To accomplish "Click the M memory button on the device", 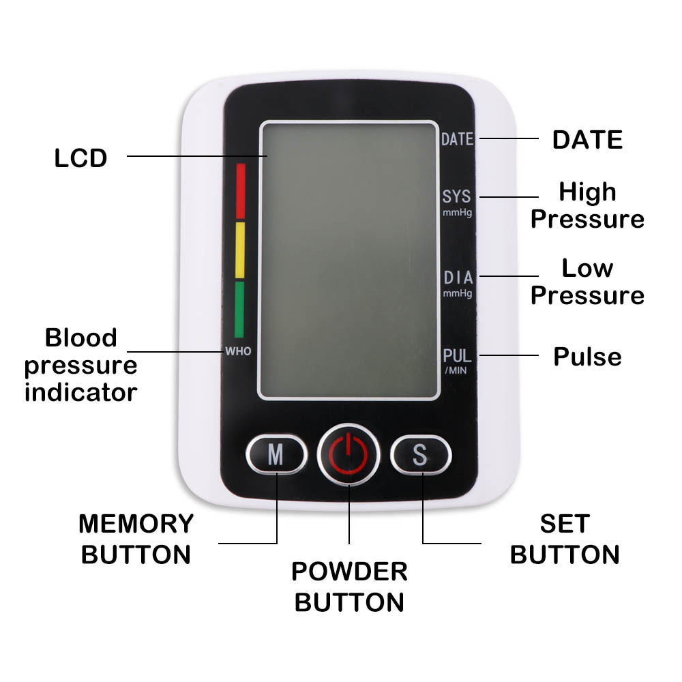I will coord(276,454).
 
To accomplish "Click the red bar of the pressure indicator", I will coord(240,190).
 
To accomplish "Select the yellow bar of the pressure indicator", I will coord(240,250).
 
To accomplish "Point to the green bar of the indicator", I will coord(239,310).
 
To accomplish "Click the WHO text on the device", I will coord(239,352).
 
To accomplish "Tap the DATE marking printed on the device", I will coord(457,140).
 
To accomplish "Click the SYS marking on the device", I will coord(457,197).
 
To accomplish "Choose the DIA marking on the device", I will coord(458,278).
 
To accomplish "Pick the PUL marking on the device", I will coord(457,356).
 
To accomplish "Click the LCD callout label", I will coord(81,158).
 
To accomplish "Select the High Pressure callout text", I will coord(587,205).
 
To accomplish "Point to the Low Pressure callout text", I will coord(587,282).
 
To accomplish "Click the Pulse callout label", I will coord(587,357).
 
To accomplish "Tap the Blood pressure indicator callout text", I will coord(81,365).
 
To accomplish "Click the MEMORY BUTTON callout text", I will coord(136,539).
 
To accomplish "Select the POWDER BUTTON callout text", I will coord(349,587).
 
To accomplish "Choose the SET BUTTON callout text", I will coord(565,539).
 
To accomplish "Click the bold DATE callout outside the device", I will coord(587,140).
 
